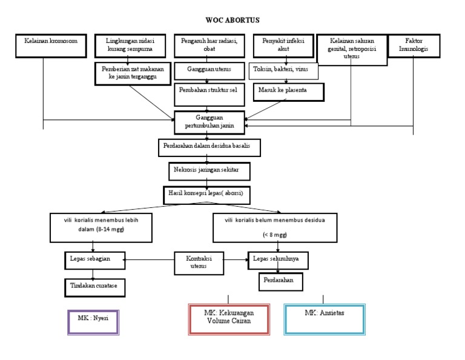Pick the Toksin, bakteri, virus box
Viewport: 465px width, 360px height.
tap(283, 70)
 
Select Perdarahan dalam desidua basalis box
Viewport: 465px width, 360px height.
tap(210, 147)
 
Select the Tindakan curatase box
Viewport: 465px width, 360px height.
tap(94, 286)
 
